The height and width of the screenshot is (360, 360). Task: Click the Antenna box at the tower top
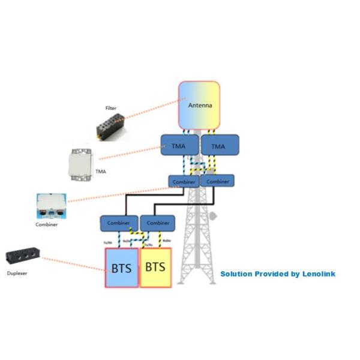tap(199, 106)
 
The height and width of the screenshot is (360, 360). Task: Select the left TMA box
tap(178, 146)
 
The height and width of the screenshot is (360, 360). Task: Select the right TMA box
tap(219, 146)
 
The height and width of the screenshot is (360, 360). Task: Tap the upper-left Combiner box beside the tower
tap(183, 181)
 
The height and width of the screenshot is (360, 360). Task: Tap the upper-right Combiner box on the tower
tap(217, 181)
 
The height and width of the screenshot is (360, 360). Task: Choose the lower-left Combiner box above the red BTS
tap(118, 223)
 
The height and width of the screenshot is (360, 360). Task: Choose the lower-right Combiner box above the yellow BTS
tap(157, 223)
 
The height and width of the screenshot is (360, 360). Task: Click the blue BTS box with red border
tap(122, 266)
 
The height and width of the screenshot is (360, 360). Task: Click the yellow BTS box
tap(155, 266)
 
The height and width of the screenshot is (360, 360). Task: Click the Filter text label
tap(111, 109)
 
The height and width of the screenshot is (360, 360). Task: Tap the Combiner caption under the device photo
tap(47, 224)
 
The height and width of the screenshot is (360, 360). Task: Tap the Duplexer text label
tap(17, 273)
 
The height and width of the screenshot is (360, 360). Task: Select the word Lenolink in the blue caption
tap(318, 274)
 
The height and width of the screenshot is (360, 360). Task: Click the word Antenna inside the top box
tap(200, 106)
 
